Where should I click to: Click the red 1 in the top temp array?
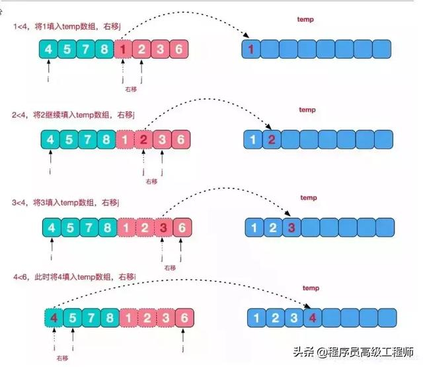click(x=251, y=48)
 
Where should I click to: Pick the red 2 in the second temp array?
click(x=271, y=140)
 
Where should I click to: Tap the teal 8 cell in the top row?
click(x=104, y=48)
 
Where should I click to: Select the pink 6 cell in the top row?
click(x=179, y=48)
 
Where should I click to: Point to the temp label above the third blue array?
click(x=308, y=198)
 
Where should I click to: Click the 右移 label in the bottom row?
click(x=62, y=358)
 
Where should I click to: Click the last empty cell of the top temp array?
click(x=383, y=48)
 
